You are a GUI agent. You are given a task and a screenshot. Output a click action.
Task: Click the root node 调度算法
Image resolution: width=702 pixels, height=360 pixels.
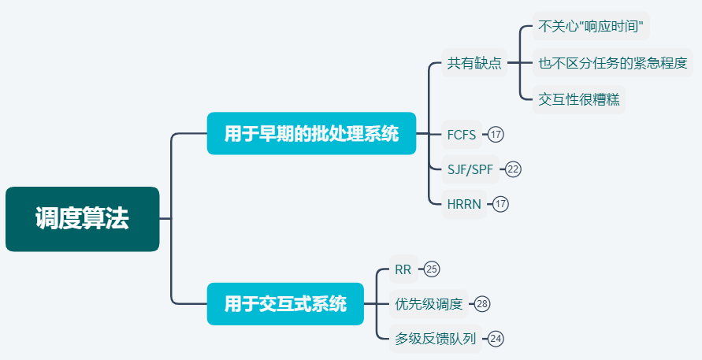coord(82,219)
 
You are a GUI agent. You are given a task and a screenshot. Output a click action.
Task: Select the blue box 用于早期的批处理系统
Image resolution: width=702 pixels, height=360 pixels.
coord(311,133)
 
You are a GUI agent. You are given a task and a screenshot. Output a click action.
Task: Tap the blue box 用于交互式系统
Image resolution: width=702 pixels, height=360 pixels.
coord(285,303)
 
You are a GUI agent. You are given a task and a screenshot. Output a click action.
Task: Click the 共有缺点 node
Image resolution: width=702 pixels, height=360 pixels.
coord(474,63)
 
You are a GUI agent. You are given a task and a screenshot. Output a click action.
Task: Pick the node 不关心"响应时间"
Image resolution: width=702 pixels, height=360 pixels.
coord(591,27)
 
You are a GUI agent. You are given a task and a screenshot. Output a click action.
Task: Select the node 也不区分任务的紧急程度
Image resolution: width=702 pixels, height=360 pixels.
coord(613,63)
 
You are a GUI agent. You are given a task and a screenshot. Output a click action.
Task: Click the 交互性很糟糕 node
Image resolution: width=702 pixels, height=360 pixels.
coord(578,99)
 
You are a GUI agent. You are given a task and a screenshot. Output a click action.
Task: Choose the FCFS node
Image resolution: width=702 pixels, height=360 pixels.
coord(462,134)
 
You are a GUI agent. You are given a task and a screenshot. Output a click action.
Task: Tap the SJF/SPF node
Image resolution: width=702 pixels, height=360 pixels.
coord(470,169)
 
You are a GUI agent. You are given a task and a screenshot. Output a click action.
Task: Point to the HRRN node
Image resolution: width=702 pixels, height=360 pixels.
coord(464,204)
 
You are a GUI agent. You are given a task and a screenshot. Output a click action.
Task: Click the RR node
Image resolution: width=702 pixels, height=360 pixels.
coord(403,269)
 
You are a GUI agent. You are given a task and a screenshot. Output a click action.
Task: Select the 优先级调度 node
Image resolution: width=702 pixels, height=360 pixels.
coord(429,303)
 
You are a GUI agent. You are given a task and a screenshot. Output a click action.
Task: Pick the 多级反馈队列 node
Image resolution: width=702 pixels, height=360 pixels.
coord(435,339)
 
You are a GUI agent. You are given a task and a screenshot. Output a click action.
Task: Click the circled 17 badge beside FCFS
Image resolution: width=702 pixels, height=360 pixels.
coord(496,134)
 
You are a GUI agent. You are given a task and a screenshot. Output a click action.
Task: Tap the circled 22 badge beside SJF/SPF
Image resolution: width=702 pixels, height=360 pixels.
coord(514,169)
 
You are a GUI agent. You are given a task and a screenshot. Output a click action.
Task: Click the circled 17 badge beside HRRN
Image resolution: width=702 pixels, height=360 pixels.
coord(501,204)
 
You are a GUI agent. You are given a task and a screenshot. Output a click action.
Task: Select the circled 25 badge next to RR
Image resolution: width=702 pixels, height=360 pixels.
coord(432,269)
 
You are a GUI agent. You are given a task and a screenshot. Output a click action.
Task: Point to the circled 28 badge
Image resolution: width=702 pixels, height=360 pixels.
coord(482,303)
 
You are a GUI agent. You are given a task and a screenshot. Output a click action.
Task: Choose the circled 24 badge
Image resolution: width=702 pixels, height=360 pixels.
coord(496,339)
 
